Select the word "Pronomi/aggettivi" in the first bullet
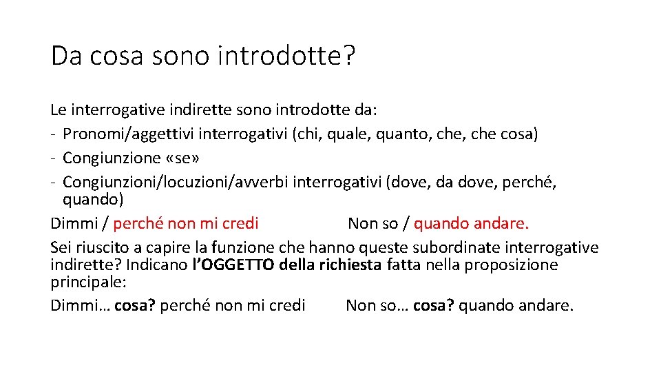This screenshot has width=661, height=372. click(120, 134)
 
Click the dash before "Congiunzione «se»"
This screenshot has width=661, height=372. click(53, 158)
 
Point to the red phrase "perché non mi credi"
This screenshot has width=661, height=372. click(186, 223)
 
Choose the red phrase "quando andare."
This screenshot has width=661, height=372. click(472, 223)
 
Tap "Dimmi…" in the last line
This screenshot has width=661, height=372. click(80, 306)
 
